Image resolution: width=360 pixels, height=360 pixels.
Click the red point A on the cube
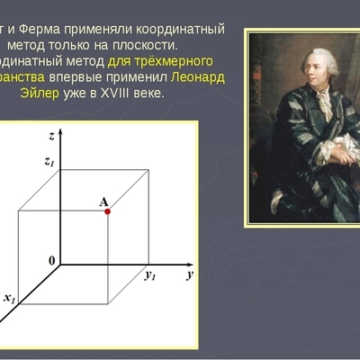tap(107, 211)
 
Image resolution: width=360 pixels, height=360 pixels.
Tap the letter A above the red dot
tap(103, 201)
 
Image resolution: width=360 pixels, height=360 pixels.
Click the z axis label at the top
tap(54, 135)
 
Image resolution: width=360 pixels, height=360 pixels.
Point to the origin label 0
tap(52, 260)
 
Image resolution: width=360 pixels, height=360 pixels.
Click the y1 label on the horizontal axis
tap(150, 275)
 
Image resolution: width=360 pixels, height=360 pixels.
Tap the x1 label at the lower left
tap(9, 297)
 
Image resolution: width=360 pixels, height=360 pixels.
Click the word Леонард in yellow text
tap(200, 76)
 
